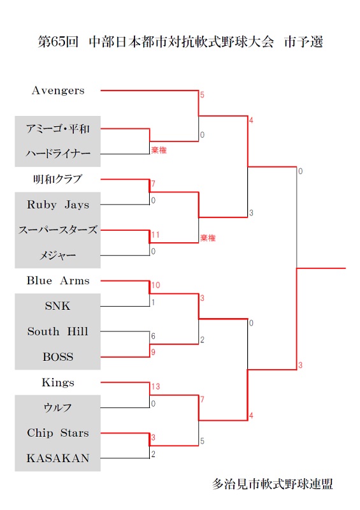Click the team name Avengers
click(58, 91)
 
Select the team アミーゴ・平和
click(58, 129)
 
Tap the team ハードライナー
click(58, 154)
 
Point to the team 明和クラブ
click(58, 179)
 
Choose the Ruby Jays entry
click(58, 205)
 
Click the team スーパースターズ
click(58, 230)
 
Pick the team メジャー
click(58, 256)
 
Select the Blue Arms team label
click(58, 280)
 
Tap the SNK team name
click(57, 306)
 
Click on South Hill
click(58, 331)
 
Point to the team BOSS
click(58, 357)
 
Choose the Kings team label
click(58, 382)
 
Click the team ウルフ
click(58, 407)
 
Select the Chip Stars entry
click(58, 433)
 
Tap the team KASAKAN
click(58, 458)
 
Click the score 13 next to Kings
click(155, 386)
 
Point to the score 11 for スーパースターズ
click(155, 235)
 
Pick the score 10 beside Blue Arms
click(155, 285)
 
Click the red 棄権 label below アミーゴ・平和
click(159, 150)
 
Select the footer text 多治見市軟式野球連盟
click(273, 484)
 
